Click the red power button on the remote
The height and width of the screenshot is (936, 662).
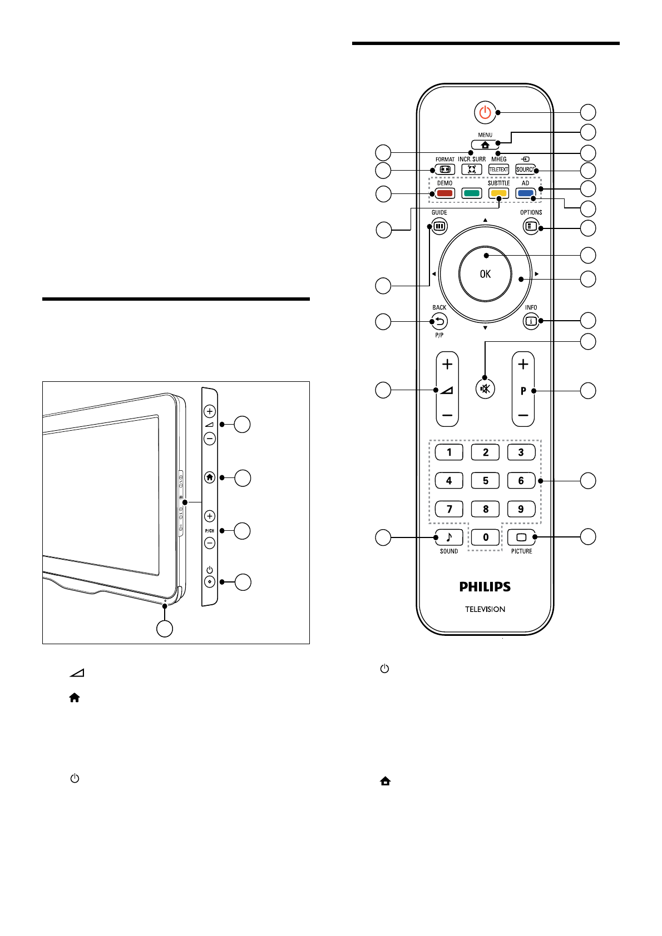point(485,113)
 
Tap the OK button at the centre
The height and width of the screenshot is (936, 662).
point(485,274)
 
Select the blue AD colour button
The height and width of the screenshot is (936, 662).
point(525,193)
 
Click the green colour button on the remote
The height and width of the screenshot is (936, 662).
point(472,193)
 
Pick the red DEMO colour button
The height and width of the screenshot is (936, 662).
point(445,193)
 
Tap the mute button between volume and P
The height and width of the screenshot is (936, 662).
point(485,389)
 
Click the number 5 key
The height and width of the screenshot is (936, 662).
point(485,480)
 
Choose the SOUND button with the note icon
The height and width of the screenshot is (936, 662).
point(449,537)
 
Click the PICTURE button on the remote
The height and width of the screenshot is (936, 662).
point(521,537)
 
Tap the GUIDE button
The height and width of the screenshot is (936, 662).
point(439,226)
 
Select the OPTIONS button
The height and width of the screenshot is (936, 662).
point(531,226)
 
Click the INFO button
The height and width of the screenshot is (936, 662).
point(531,321)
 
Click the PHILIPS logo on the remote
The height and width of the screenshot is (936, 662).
point(485,587)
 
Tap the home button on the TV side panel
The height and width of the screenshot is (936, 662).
point(209,477)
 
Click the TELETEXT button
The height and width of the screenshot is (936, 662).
point(498,170)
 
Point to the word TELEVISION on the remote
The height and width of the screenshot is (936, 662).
point(485,609)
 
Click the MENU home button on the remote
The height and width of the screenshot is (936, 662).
point(485,145)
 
